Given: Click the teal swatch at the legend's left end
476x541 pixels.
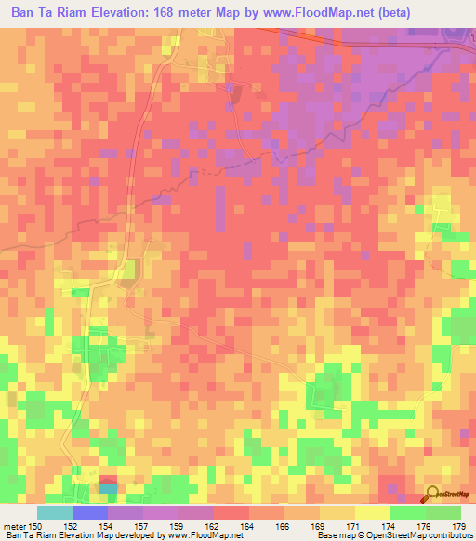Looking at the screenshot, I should click(x=55, y=512).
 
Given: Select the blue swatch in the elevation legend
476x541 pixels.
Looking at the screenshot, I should click(x=90, y=512).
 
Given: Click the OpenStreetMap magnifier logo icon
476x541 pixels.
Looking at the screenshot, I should click(x=431, y=495).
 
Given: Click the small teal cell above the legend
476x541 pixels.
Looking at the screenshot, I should click(x=108, y=488).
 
